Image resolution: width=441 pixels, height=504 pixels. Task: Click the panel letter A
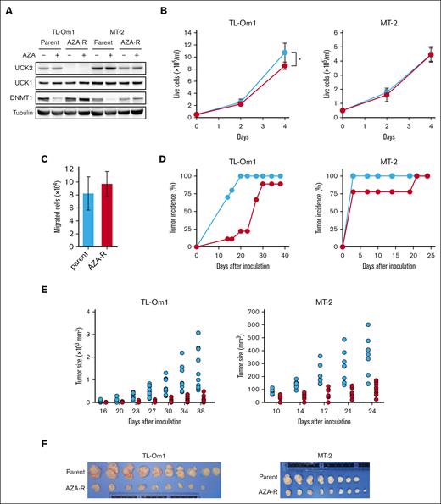click(7, 8)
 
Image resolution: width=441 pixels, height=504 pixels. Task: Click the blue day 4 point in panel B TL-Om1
click(285, 53)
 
